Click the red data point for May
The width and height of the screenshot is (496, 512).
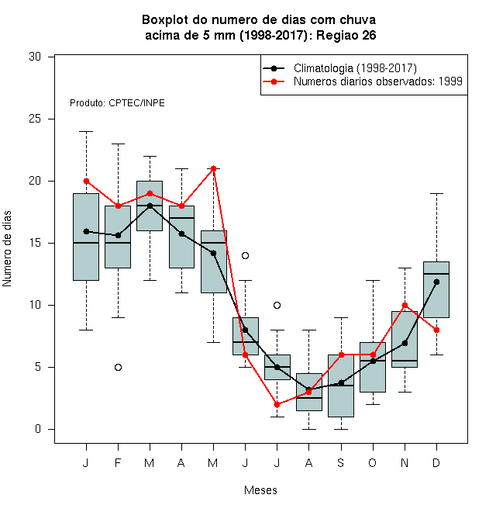pos(213,169)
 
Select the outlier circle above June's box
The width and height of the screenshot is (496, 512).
pos(246,256)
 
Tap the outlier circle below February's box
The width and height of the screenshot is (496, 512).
pos(118,368)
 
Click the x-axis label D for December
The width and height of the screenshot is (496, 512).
pos(436,463)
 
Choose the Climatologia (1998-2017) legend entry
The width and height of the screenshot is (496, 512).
pos(339,68)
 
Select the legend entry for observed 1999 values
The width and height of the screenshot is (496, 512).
pos(363,81)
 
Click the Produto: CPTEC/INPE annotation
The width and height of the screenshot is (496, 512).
pos(117,103)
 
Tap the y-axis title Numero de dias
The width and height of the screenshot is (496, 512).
pos(7,249)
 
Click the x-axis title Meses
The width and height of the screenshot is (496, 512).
pos(260,490)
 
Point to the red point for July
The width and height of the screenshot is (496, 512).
pos(277,405)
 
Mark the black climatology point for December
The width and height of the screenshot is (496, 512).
pos(436,282)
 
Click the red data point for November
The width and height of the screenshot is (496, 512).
pos(405,306)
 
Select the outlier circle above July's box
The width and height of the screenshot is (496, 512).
pos(277,306)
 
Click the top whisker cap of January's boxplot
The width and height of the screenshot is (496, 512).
pos(86,132)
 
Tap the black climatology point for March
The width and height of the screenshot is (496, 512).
pos(150,206)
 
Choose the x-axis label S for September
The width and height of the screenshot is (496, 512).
pos(341,463)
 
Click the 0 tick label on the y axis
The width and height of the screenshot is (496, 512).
pos(38,429)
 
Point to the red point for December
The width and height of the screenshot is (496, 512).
pos(436,330)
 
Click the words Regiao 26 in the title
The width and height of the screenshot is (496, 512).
pos(346,35)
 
